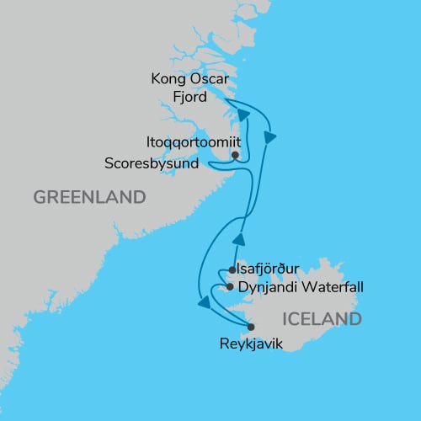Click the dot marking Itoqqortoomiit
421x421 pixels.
click(235, 155)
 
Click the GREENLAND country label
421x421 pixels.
click(88, 197)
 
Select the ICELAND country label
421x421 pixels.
click(323, 319)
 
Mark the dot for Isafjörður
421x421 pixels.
click(232, 271)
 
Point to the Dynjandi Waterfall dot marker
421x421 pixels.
click(230, 287)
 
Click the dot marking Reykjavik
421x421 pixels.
click(250, 327)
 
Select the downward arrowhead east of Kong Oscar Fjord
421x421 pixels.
click(270, 135)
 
